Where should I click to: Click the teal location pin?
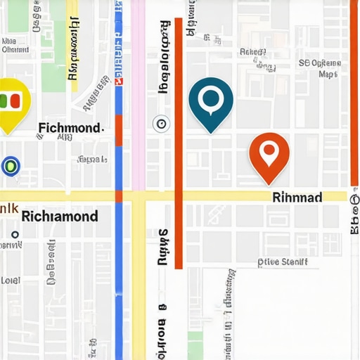[x=211, y=103]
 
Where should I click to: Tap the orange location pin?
[x=269, y=154]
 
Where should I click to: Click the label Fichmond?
[x=70, y=128]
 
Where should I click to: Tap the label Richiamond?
[x=60, y=216]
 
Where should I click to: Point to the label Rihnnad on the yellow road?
[x=297, y=198]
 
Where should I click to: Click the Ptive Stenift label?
[x=283, y=263]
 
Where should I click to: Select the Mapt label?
[x=328, y=74]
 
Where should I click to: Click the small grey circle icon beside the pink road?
[x=161, y=124]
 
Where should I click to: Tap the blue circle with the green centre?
[x=11, y=166]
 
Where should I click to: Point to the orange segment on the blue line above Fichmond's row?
[x=119, y=130]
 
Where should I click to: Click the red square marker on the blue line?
[x=119, y=82]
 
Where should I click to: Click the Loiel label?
[x=10, y=280]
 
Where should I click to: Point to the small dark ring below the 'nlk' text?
[x=14, y=235]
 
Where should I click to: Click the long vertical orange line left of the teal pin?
[x=179, y=141]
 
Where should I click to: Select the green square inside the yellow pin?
[x=17, y=100]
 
